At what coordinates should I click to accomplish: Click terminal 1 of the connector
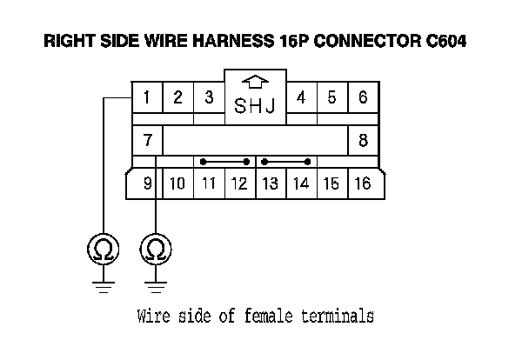pos(147,97)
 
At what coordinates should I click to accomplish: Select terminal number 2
pos(177,97)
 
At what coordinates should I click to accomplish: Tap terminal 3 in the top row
pos(209,97)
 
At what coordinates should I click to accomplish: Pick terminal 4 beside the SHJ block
pos(301,97)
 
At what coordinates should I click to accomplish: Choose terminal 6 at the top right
pos(363,97)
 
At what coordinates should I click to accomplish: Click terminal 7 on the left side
pos(147,139)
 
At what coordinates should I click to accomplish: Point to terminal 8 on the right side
pos(363,139)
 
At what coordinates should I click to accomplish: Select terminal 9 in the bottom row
pos(147,183)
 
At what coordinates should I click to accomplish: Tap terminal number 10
pos(177,183)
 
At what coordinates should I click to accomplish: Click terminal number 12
pos(238,183)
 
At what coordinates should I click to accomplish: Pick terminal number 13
pos(270,183)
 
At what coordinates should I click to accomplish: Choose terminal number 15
pos(331,183)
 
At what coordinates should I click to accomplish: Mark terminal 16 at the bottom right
pos(363,183)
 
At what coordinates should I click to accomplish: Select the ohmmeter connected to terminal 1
pos(104,250)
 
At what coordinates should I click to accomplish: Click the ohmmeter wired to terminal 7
pos(156,250)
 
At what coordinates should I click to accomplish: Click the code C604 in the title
pos(440,41)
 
